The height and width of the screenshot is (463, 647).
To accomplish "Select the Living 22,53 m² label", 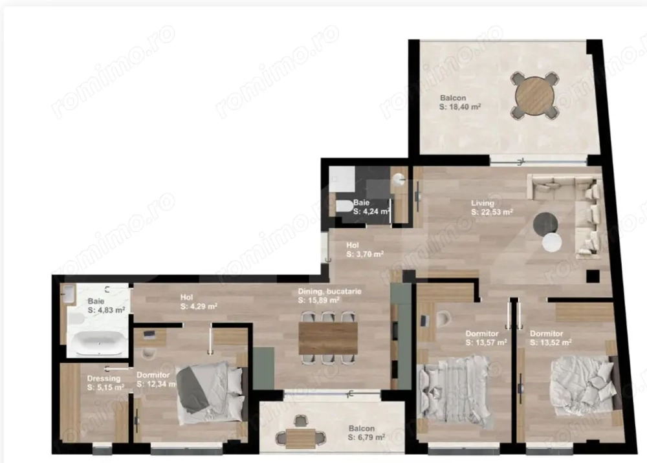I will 492,207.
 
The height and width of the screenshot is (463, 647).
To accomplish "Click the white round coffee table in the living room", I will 553,242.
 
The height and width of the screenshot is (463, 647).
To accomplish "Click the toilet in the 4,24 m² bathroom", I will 342,208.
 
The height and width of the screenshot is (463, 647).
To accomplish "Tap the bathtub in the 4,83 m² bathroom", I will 98,342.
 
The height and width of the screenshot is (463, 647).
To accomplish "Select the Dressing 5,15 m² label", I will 104,383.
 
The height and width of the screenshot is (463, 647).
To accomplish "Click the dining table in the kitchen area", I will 328,337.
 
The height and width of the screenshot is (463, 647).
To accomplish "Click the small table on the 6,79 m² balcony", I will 300,438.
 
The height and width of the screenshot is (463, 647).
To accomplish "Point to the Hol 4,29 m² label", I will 198,302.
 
